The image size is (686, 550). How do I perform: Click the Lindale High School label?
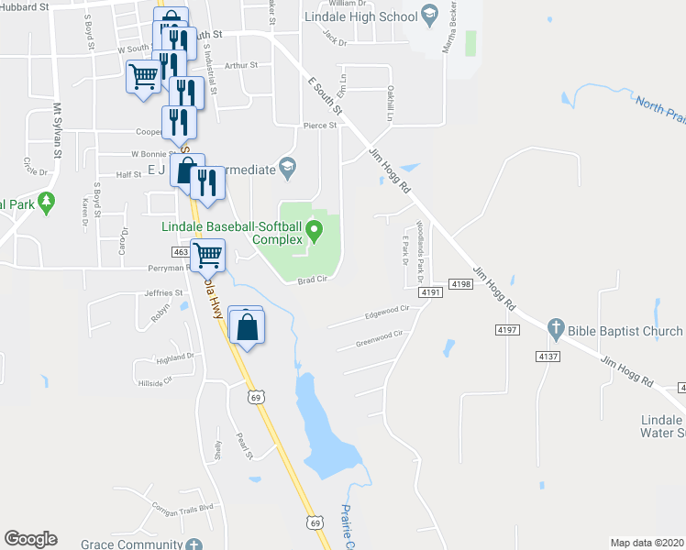[366, 16]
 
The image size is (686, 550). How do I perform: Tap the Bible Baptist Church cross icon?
[554, 327]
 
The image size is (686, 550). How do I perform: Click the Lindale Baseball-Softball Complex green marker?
[315, 230]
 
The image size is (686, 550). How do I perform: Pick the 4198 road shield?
[461, 285]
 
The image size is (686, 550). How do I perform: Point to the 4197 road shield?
[505, 328]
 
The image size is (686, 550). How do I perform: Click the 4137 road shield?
[548, 356]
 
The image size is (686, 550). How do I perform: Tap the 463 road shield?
[181, 250]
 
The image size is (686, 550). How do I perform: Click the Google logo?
[30, 539]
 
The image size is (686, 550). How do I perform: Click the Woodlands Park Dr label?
[420, 241]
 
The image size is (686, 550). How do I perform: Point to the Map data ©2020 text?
[647, 543]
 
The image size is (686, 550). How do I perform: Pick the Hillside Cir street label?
[153, 379]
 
